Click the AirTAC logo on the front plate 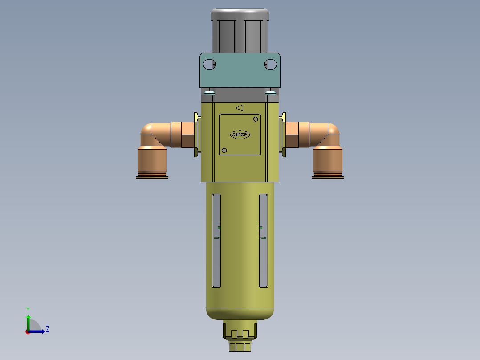tap(240, 135)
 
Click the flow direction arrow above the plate tap(240, 108)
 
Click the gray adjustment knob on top tap(240, 31)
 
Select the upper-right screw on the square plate tap(256, 119)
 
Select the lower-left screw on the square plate tap(224, 150)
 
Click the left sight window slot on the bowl tap(216, 241)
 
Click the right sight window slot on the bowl tap(264, 241)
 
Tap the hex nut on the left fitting tap(187, 135)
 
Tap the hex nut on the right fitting tap(292, 135)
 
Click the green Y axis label tap(28, 309)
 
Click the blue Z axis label tap(47, 329)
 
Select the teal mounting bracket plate tap(240, 76)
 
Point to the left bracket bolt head tap(209, 93)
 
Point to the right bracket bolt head tap(270, 93)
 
